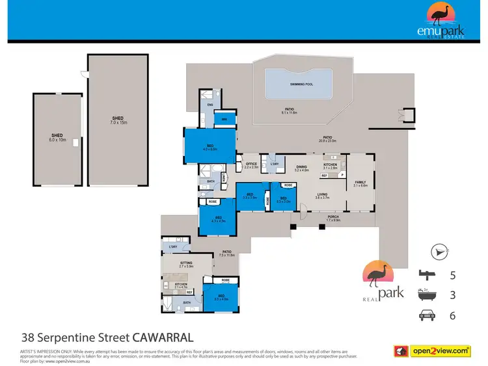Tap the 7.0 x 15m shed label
point(117,120)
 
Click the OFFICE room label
point(251,165)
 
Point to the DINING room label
point(301,168)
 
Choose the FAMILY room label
point(360,183)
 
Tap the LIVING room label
point(322,195)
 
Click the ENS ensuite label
point(210,105)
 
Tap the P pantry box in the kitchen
point(341,175)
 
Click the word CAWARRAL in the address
point(163,337)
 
